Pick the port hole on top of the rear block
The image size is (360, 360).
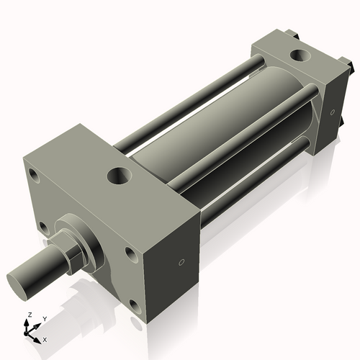297,55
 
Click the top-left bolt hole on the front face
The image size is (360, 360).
34,174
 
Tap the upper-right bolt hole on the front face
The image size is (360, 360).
130,253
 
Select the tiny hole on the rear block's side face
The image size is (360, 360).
332,112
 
